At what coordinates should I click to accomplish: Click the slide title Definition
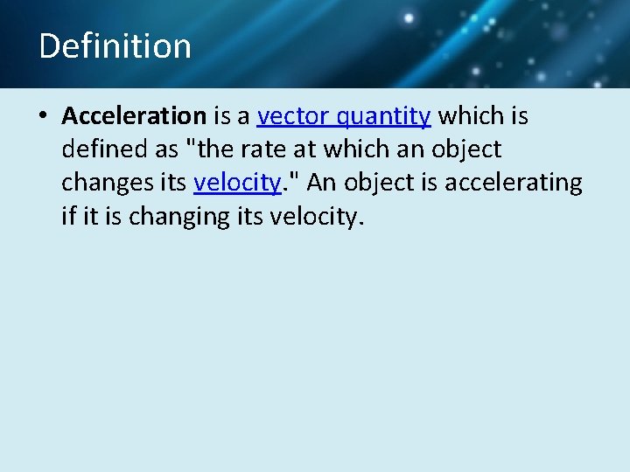115,45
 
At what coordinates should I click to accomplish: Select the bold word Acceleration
134,115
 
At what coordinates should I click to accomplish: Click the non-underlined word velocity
319,216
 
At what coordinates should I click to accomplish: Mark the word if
68,216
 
